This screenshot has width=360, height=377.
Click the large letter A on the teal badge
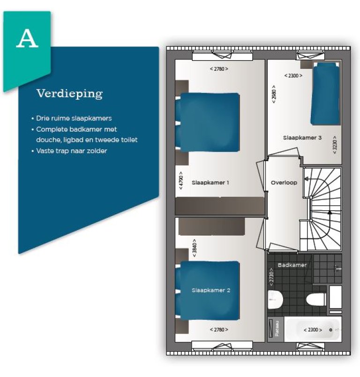27,38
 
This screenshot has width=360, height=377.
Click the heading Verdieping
69,94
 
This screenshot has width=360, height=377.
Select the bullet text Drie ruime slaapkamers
74,118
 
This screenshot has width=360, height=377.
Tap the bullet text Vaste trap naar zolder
71,151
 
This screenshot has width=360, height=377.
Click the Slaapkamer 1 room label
210,183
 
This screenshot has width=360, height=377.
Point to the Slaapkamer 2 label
211,290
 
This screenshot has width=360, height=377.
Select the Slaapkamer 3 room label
302,138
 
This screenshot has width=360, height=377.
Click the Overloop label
284,183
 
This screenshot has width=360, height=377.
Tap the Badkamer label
292,265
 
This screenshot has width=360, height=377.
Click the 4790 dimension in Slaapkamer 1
181,180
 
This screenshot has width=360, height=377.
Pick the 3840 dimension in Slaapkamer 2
195,248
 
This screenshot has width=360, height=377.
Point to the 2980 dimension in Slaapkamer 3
274,94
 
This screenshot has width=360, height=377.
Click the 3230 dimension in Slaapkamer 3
335,145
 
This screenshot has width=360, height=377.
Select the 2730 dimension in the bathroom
271,277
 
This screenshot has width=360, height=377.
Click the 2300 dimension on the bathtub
313,330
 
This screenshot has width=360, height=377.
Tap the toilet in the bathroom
316,300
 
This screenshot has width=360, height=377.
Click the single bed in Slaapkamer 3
325,94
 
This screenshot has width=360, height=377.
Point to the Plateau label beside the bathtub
277,328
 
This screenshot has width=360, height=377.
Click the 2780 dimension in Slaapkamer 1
219,69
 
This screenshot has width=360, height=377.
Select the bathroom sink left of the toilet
275,300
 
